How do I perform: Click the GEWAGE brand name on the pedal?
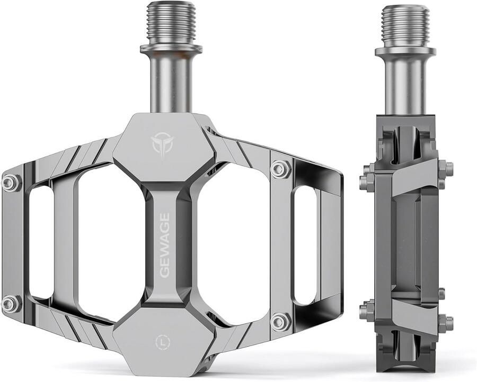164,245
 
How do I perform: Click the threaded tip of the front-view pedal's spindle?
171,23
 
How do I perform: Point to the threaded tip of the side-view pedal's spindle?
405,25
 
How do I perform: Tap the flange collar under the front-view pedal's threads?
171,49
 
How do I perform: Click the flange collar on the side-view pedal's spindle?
405,51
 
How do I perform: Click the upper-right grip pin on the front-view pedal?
280,169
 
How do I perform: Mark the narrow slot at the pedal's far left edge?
41,242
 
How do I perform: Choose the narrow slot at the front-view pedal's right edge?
305,245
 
